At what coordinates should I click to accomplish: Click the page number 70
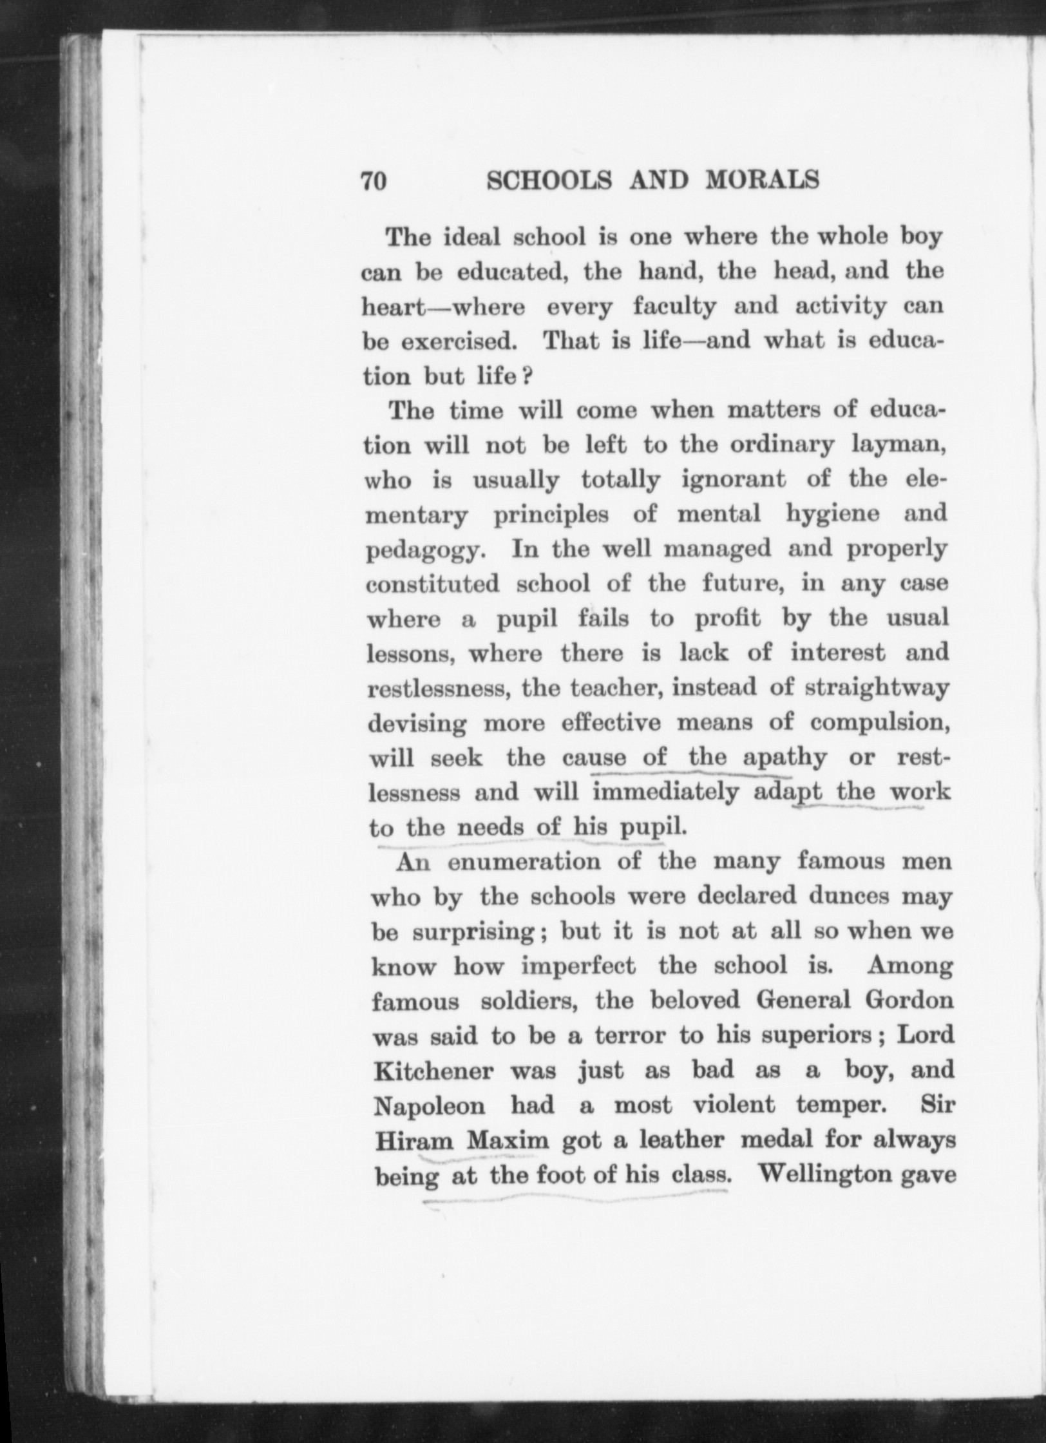tap(373, 182)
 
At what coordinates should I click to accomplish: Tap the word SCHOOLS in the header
tap(549, 180)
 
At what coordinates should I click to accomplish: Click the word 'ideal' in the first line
tap(472, 238)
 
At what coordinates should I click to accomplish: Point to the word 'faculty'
tap(674, 306)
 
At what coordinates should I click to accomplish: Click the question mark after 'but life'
tap(526, 376)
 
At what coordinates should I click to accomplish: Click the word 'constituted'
tap(433, 584)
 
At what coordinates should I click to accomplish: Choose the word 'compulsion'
tap(880, 723)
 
